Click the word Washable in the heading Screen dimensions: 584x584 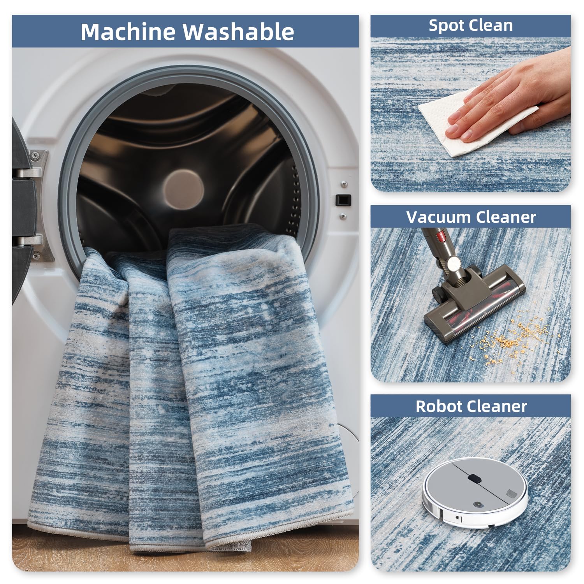tap(239, 32)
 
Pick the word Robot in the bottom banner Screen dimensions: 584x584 tap(439, 406)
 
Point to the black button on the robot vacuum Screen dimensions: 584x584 tap(474, 477)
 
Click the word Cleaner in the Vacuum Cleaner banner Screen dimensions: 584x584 tap(502, 217)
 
